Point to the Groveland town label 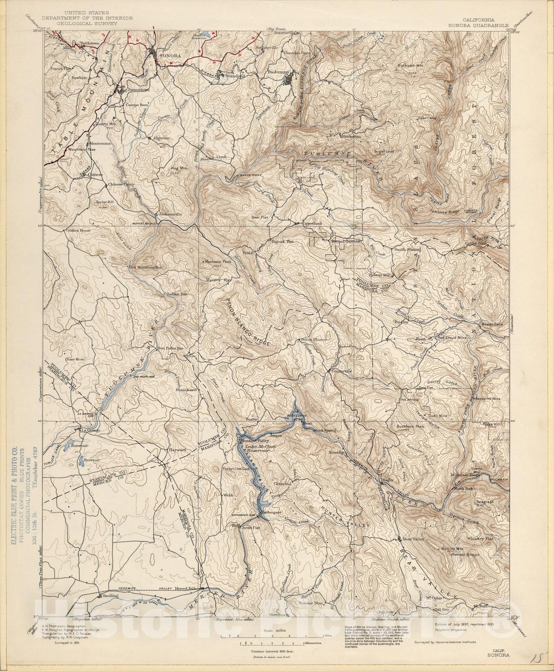312,224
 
